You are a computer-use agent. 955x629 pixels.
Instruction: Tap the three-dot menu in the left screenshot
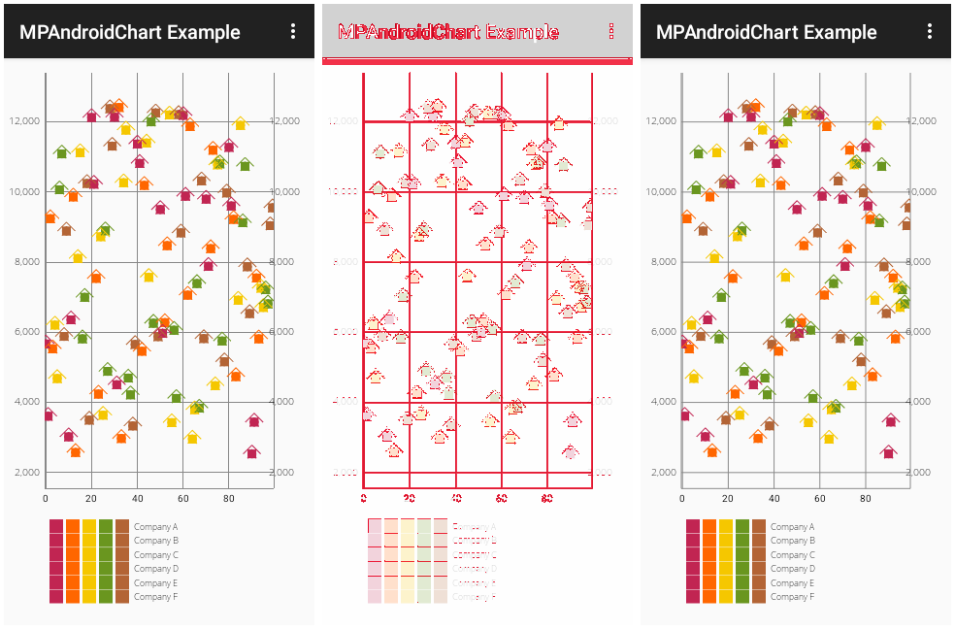[293, 32]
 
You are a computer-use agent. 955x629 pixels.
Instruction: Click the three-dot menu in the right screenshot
[930, 32]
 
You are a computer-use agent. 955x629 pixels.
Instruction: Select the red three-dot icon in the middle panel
[611, 31]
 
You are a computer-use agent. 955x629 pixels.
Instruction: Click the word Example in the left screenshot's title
[204, 32]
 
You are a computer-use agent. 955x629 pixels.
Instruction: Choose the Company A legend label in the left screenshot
[156, 526]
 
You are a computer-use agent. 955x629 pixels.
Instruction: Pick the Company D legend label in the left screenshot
[156, 569]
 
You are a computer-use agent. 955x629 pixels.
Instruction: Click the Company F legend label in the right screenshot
[793, 597]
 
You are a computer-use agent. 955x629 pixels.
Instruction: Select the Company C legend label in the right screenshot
[793, 554]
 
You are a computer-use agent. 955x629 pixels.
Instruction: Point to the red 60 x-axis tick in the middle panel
[501, 499]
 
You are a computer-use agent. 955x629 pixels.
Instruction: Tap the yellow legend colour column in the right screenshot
[726, 561]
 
